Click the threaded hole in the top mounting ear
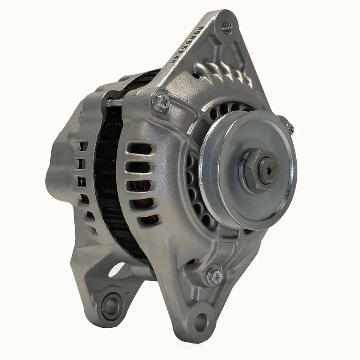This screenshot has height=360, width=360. point(227,27)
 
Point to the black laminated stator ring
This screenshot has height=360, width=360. point(109,180)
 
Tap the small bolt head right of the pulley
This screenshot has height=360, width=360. point(289,128)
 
